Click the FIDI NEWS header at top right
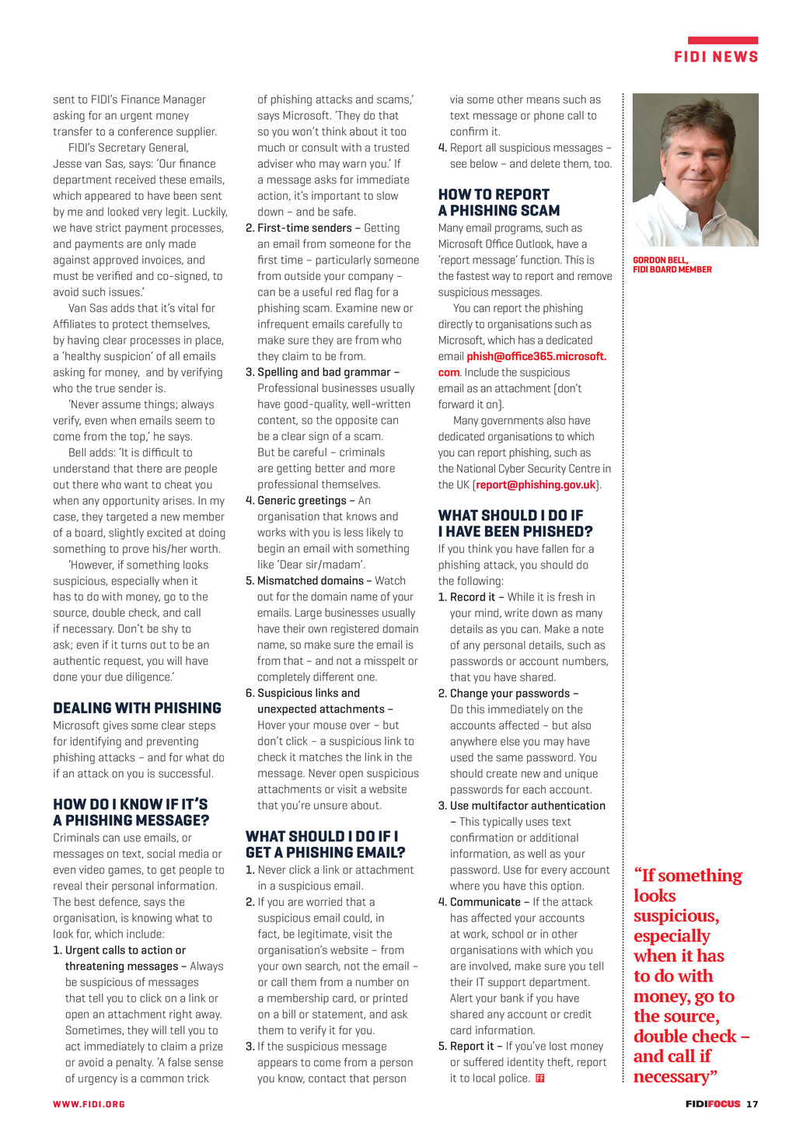click(x=715, y=57)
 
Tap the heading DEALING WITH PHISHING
click(x=137, y=708)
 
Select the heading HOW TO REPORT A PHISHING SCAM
click(x=498, y=202)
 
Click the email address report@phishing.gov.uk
click(x=536, y=484)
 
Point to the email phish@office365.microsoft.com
click(x=536, y=356)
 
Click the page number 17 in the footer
click(x=752, y=1103)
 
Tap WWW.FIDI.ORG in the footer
click(x=89, y=1103)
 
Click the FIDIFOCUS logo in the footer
click(x=712, y=1103)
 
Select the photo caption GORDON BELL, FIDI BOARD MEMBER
click(x=672, y=265)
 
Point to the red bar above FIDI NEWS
click(x=722, y=40)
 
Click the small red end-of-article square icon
click(x=540, y=1079)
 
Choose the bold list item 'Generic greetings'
click(x=302, y=501)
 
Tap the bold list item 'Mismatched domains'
click(x=310, y=581)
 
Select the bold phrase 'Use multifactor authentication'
click(x=527, y=806)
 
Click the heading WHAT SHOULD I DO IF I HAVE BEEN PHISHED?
click(x=515, y=523)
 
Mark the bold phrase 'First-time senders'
click(x=305, y=228)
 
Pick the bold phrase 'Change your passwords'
click(x=510, y=694)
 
